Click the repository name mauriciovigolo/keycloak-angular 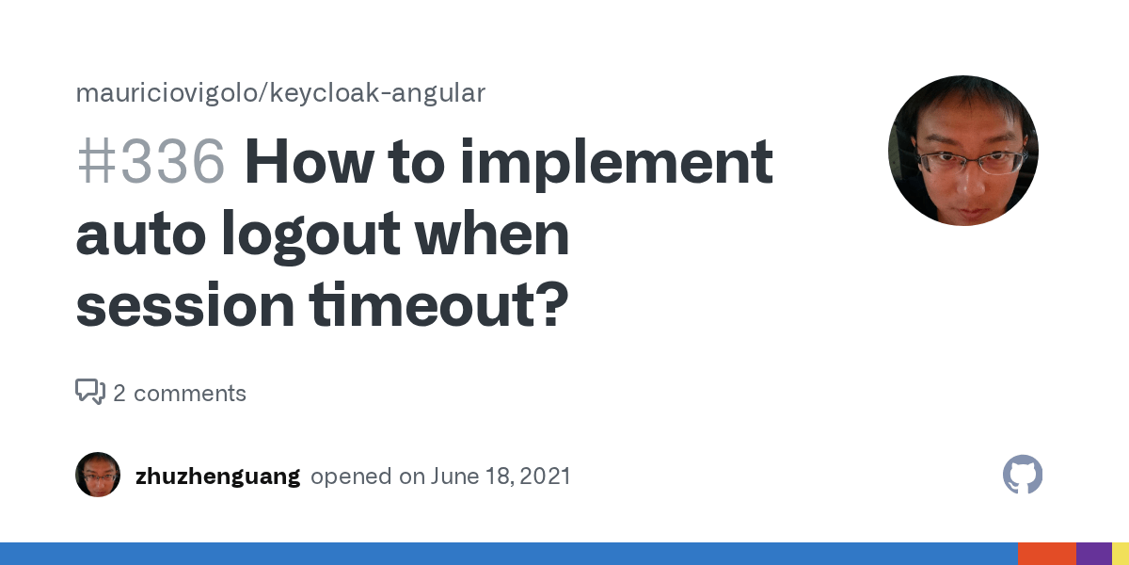click(280, 93)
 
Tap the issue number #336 click(151, 162)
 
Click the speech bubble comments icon click(90, 392)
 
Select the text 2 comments click(180, 393)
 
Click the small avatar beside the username click(98, 475)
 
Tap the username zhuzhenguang click(217, 476)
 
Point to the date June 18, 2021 click(501, 476)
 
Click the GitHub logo click(1023, 475)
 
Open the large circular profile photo click(962, 151)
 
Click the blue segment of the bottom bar click(508, 554)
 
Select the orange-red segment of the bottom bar click(1046, 554)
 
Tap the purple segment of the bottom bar click(1093, 554)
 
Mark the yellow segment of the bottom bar click(1121, 554)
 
